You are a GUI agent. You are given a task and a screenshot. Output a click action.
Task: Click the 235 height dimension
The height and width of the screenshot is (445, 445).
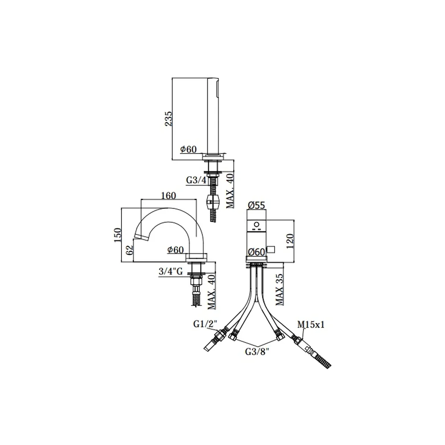pyautogui.click(x=168, y=118)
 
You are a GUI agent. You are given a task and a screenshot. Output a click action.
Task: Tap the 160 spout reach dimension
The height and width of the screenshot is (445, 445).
pyautogui.click(x=169, y=195)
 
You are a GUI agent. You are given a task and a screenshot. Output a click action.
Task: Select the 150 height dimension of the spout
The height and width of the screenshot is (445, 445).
pyautogui.click(x=117, y=235)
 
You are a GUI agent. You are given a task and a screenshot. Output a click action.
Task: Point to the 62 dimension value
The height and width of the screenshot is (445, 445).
pyautogui.click(x=129, y=250)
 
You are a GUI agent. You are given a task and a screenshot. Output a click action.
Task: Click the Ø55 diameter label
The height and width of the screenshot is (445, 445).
pyautogui.click(x=256, y=205)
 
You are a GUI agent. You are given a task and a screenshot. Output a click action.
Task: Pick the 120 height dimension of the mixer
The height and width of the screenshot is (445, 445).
pyautogui.click(x=290, y=241)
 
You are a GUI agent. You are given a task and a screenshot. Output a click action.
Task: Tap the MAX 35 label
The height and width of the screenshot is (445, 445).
pyautogui.click(x=279, y=289)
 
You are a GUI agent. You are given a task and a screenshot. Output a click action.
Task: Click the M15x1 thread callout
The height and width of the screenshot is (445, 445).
pyautogui.click(x=311, y=324)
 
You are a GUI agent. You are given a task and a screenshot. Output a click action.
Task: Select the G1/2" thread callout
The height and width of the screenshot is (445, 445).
pyautogui.click(x=205, y=324)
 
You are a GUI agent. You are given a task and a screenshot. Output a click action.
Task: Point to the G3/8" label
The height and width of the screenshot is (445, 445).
pyautogui.click(x=257, y=352)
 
